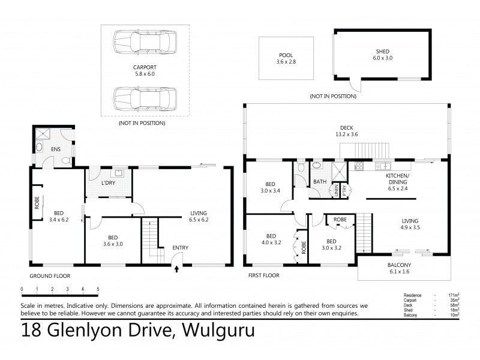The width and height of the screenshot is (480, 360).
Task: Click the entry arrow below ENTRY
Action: pos(176,269)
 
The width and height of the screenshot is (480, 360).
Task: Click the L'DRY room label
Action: pos(108,182)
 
